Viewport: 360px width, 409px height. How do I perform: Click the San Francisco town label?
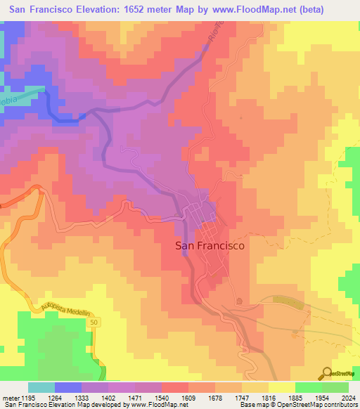(x=209, y=246)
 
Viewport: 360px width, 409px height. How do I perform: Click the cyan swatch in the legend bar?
(x=41, y=387)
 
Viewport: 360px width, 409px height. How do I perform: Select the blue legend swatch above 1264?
(x=68, y=387)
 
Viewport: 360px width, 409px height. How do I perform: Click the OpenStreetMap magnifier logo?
(x=326, y=373)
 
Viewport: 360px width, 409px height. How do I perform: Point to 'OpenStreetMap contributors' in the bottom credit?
(x=321, y=405)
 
